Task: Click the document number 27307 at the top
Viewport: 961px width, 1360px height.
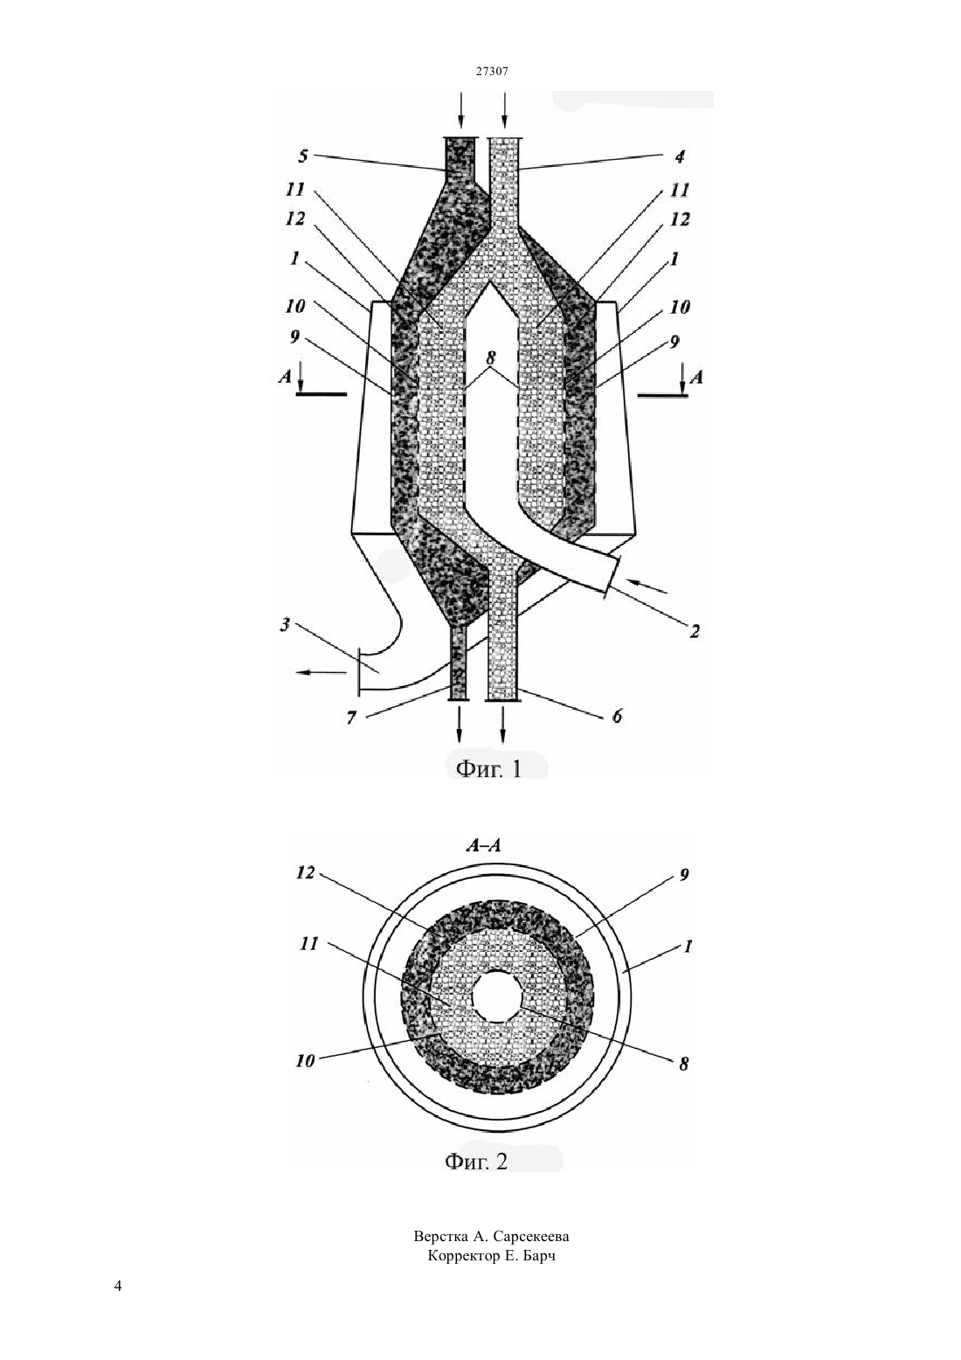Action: [x=491, y=71]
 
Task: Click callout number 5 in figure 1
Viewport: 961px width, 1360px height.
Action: [x=303, y=156]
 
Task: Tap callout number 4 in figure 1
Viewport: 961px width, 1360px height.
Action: [x=680, y=156]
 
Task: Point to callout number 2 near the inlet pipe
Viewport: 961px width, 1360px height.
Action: [x=695, y=631]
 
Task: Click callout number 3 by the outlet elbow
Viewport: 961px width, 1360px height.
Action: [x=285, y=625]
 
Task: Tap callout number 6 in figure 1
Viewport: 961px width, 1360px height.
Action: [x=617, y=717]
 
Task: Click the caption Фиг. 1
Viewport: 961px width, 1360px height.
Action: [x=488, y=769]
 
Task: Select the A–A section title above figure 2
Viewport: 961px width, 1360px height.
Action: [x=483, y=845]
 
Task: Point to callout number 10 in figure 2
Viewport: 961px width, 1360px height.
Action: [x=305, y=1061]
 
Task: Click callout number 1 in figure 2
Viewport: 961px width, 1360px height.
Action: [x=688, y=946]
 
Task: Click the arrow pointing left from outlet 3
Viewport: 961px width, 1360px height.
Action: [x=321, y=671]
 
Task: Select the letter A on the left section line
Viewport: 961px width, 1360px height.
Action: [x=285, y=377]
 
